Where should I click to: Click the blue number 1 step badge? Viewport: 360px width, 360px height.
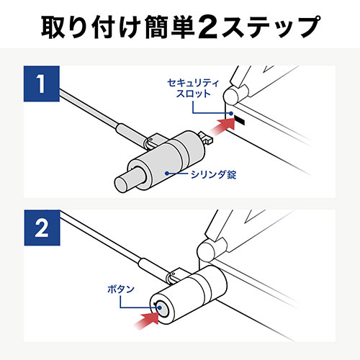tap(42, 84)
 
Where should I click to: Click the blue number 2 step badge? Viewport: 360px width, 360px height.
tap(42, 228)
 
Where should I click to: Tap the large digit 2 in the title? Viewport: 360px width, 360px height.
tap(208, 27)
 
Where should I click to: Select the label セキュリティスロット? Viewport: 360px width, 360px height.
tap(193, 89)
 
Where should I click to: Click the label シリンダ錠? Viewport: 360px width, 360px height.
tap(213, 174)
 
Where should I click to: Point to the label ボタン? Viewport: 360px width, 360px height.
tap(121, 289)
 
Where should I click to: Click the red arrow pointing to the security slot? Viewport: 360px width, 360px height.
tap(222, 126)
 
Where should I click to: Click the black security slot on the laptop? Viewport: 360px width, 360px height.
tap(240, 120)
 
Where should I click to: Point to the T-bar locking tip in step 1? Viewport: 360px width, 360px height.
tap(206, 138)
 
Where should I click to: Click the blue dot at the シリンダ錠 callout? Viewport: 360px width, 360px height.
tap(166, 173)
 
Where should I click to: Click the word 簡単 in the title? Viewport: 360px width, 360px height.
tap(170, 27)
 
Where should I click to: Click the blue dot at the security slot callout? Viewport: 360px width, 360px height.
tap(231, 113)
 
